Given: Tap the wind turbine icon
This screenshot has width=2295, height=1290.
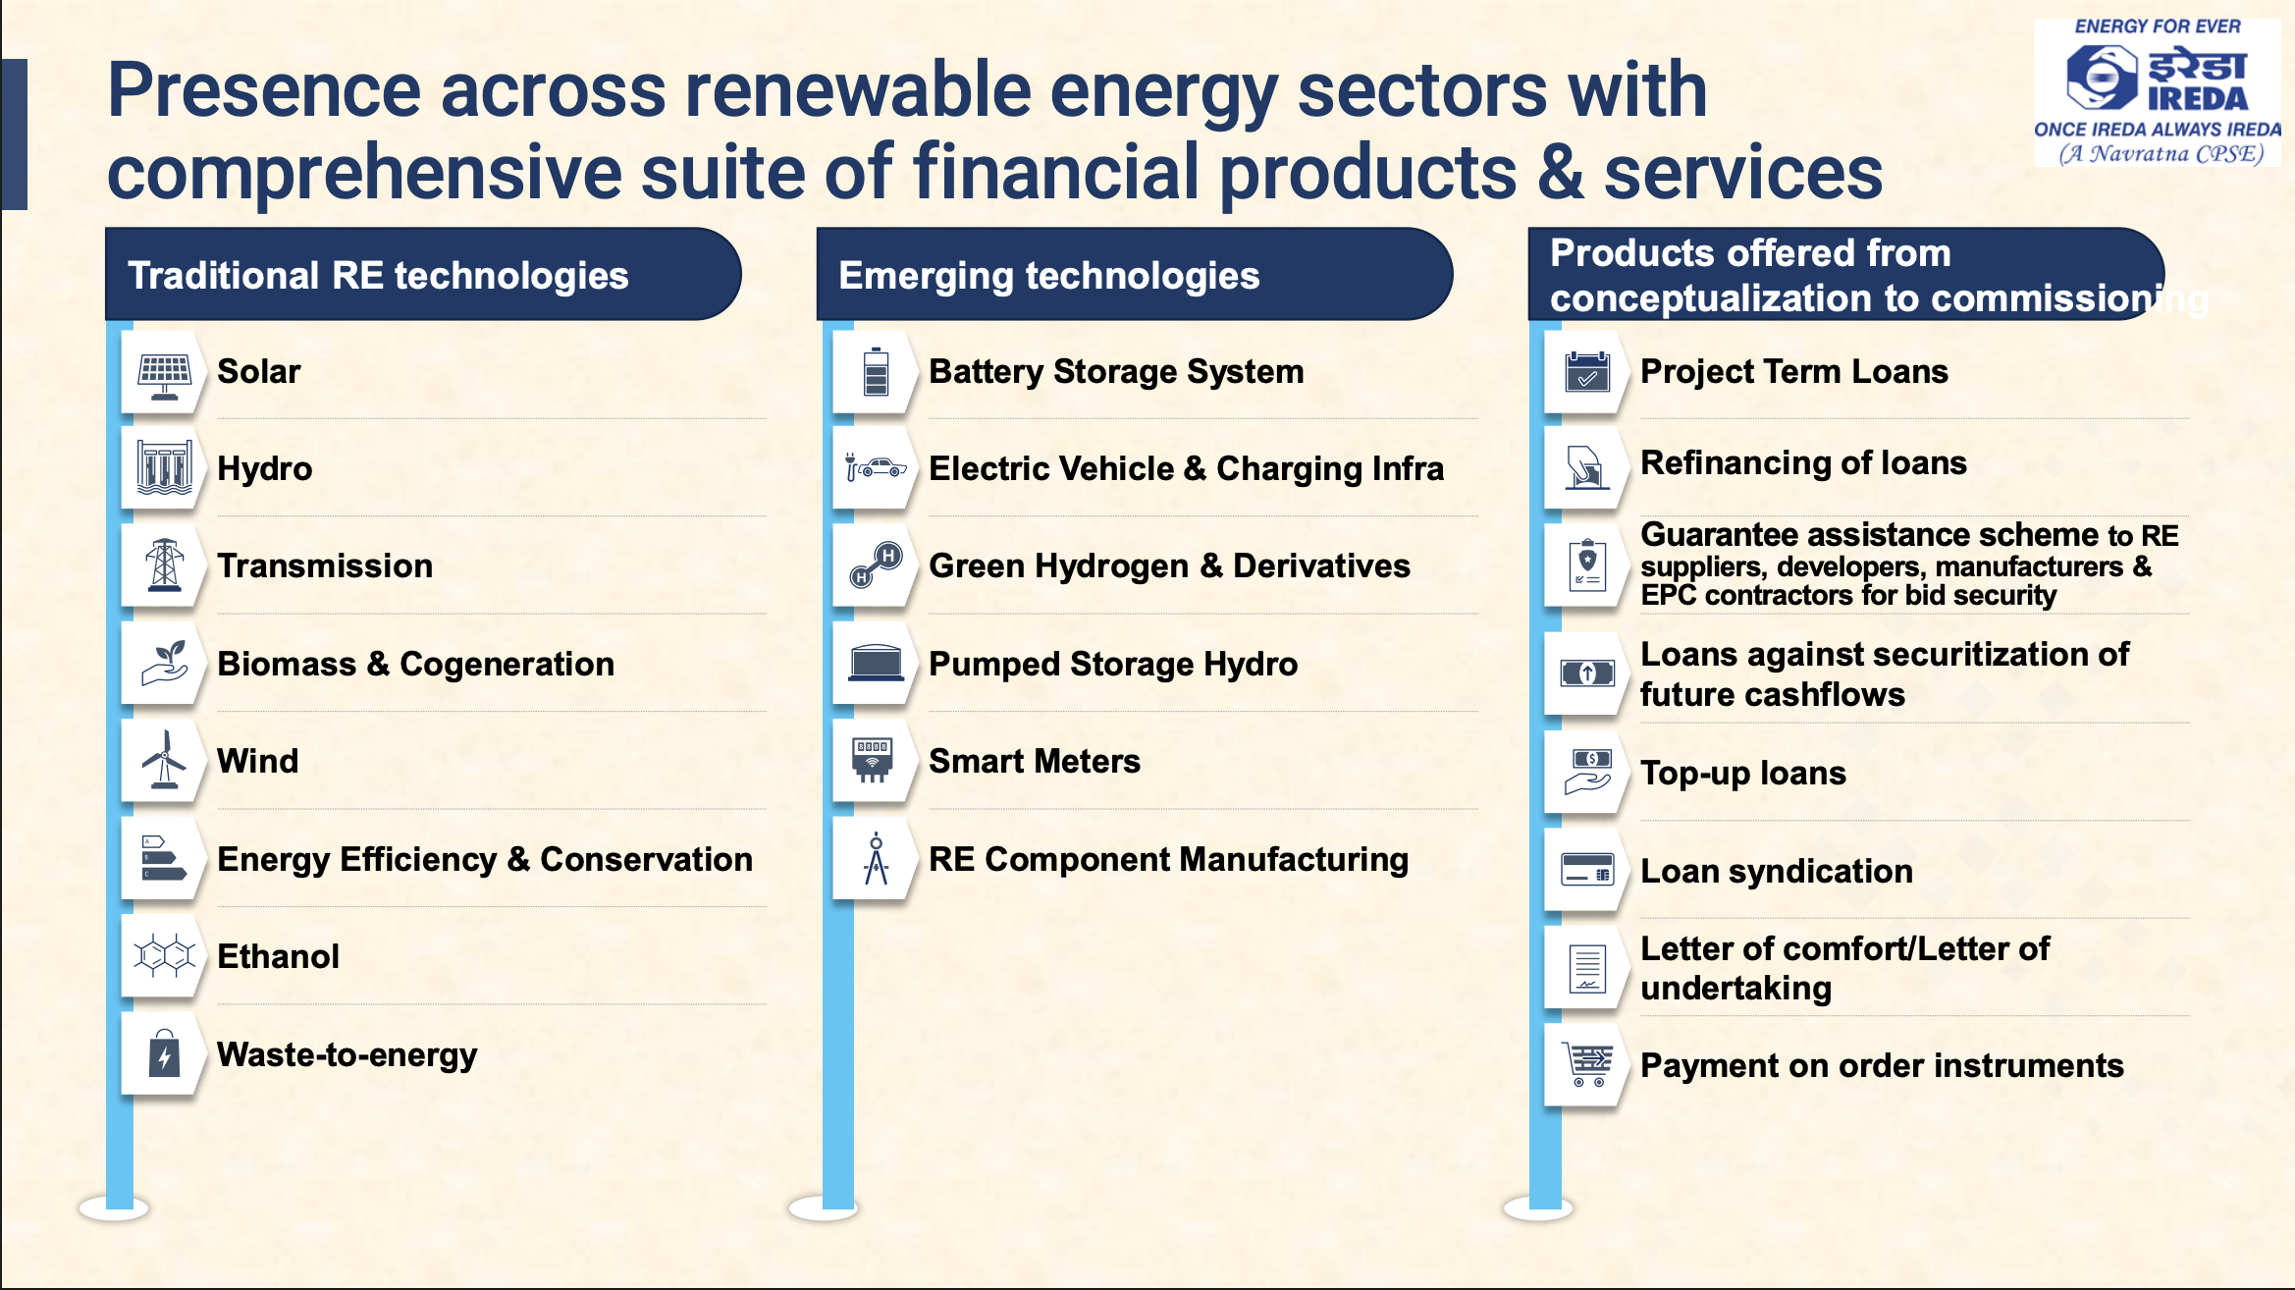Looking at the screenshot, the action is tap(164, 759).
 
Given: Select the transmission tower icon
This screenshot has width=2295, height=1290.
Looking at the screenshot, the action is tap(164, 564).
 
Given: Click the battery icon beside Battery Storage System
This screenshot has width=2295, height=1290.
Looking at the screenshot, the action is tap(876, 371).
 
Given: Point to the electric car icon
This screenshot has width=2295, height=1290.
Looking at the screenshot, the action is tap(876, 467).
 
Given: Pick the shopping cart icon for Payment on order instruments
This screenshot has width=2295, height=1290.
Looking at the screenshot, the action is tap(1587, 1064).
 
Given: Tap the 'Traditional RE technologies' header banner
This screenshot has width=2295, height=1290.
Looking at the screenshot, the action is tap(423, 274).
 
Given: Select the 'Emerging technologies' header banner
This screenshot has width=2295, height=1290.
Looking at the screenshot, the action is tap(1135, 274).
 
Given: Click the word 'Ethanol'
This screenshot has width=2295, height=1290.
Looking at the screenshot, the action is tap(278, 956).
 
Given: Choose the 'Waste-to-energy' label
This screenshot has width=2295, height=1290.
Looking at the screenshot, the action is tap(347, 1054).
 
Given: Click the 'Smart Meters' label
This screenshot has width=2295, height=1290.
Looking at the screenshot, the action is tap(1035, 761).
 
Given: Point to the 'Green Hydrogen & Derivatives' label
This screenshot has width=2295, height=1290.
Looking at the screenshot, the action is tap(1169, 566).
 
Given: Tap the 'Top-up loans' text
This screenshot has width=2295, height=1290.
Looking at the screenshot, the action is tap(1743, 774).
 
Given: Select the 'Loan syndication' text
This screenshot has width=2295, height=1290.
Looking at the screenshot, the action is tap(1777, 872).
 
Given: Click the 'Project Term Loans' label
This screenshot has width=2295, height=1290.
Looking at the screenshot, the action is tap(1794, 372).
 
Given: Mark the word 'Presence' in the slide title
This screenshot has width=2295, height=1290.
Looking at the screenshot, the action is tap(264, 90).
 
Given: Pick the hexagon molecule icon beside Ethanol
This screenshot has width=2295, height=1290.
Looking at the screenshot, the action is tap(164, 954).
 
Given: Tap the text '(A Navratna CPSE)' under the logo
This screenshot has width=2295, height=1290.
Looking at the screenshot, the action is tap(2162, 153).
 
